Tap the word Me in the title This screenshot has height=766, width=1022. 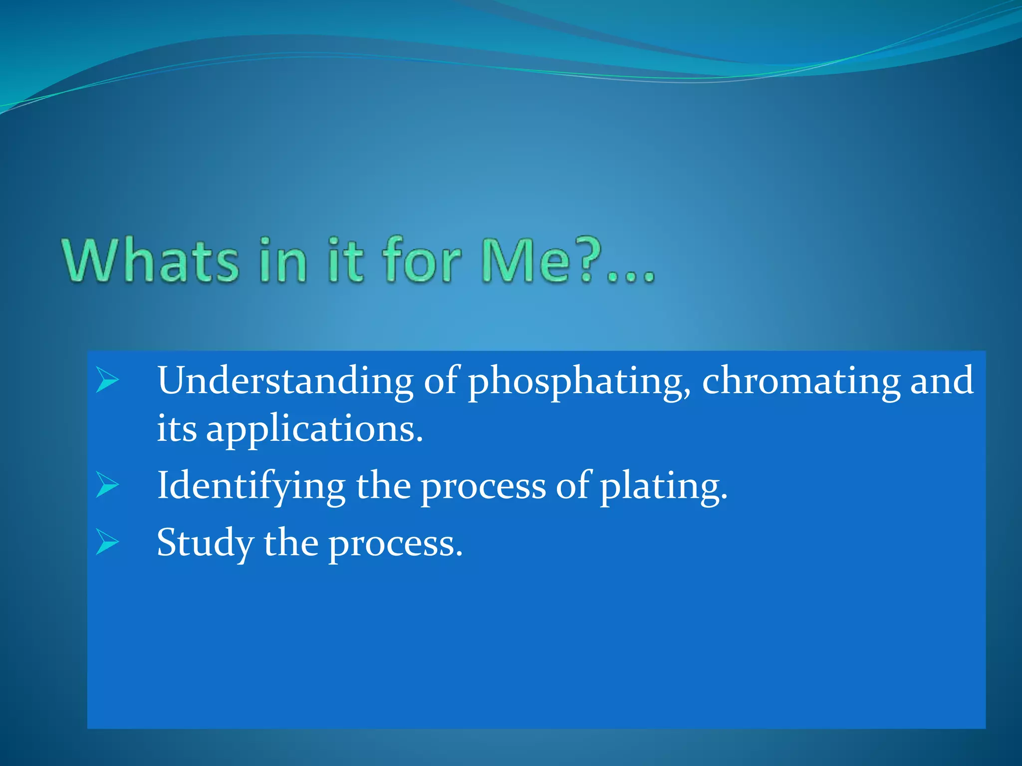click(x=524, y=261)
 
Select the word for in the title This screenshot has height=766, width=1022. click(x=421, y=261)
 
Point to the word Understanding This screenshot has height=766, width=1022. click(x=285, y=381)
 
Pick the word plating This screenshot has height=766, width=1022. click(x=663, y=487)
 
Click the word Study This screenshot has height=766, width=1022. click(x=205, y=544)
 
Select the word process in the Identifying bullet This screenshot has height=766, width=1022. click(x=483, y=487)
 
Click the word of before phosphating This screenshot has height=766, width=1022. click(x=440, y=381)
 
